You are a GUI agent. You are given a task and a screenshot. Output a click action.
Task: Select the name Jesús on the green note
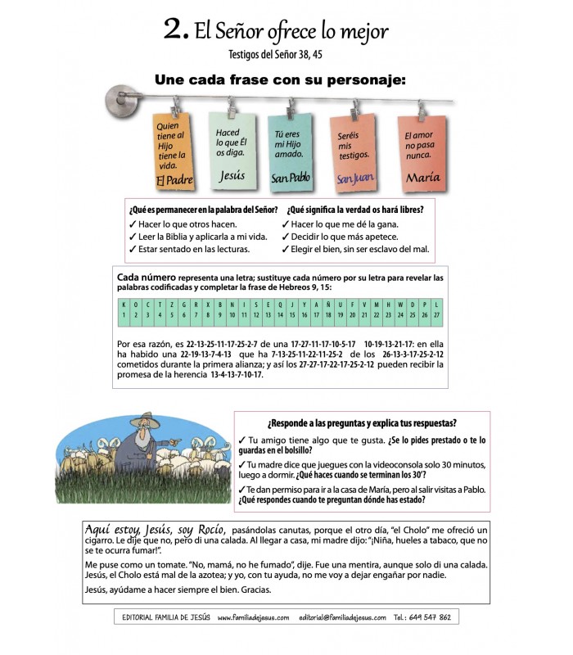(232, 175)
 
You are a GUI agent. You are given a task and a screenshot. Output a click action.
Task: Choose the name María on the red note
(422, 177)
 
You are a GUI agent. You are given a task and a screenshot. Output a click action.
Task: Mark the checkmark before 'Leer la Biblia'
(133, 237)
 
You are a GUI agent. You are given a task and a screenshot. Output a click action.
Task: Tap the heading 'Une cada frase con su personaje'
(280, 79)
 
